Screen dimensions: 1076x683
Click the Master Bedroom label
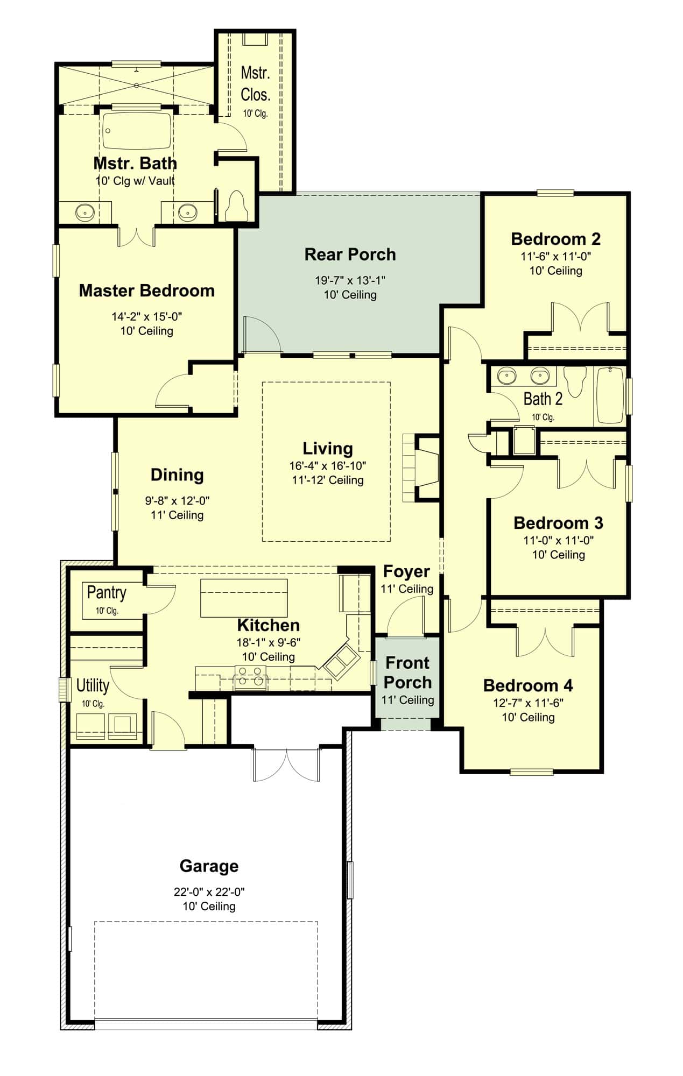[x=146, y=291]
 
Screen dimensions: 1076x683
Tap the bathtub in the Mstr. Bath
[x=137, y=130]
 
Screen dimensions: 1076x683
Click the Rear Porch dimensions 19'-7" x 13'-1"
[x=350, y=280]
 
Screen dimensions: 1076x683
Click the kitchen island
[x=244, y=597]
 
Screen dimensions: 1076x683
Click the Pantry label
[x=107, y=592]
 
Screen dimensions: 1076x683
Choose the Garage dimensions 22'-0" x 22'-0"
[x=209, y=891]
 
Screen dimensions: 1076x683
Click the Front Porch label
[x=407, y=672]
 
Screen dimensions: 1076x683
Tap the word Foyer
[x=406, y=571]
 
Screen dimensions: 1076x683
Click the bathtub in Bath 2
[x=610, y=397]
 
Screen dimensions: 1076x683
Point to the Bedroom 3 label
[x=558, y=523]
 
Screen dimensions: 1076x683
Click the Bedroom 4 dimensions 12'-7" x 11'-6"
[x=528, y=703]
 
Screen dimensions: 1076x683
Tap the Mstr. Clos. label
[x=255, y=83]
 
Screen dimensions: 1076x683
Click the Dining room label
[x=177, y=475]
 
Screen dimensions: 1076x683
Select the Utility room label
[x=93, y=685]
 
